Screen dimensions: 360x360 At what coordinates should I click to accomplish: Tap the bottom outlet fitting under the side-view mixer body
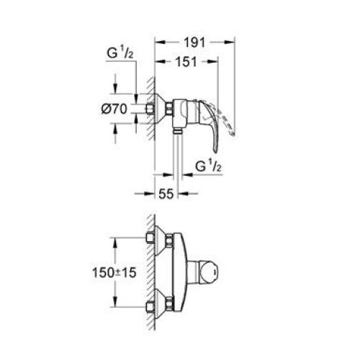[x=176, y=131]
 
